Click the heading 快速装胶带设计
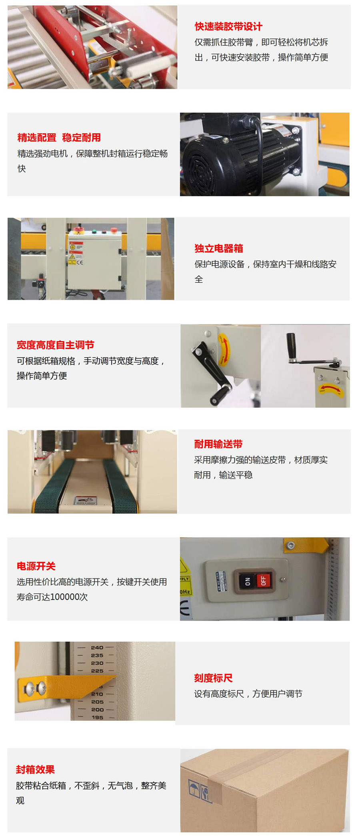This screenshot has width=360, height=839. pos(228,26)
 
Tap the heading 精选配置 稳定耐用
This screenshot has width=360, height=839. pos(59,138)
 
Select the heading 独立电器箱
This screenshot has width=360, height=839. pos(219,248)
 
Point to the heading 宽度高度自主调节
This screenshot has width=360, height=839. pos(55,345)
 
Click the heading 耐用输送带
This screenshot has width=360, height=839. pos(218,444)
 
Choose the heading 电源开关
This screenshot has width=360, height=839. pos(36,566)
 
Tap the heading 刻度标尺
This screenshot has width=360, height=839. pos(213,678)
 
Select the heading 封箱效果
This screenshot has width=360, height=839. pos(35,769)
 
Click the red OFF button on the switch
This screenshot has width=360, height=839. pos(263,580)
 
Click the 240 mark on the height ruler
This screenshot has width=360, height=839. pos(97,647)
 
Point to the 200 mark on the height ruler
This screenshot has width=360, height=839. pos(97,709)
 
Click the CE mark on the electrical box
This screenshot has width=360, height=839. pos(80,262)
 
